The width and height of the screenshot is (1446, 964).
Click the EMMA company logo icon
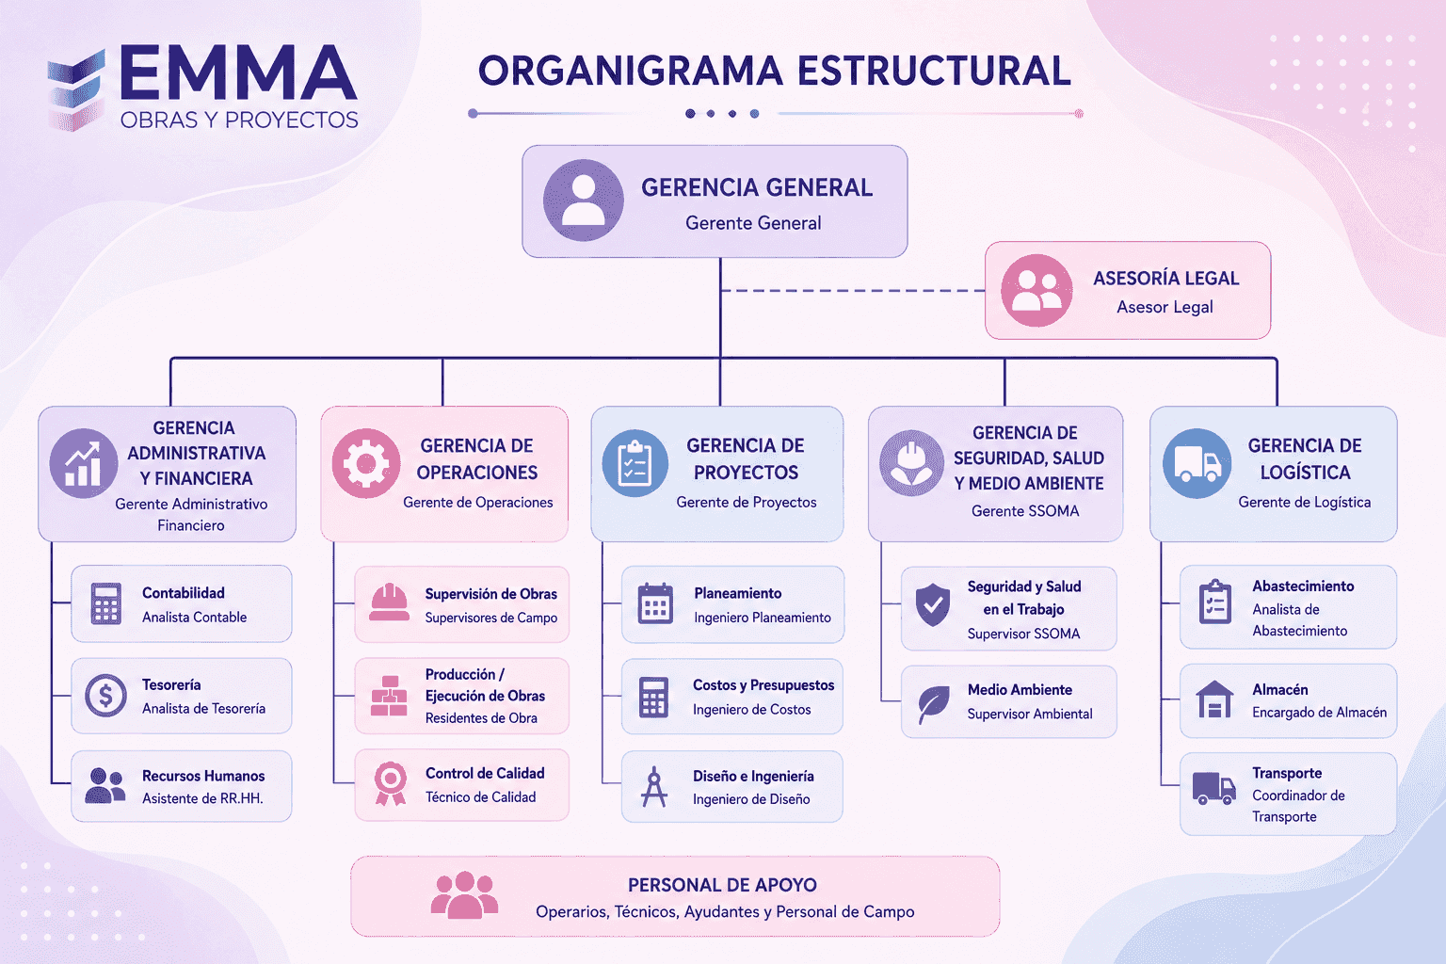[76, 90]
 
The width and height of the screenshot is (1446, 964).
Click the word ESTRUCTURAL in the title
[934, 71]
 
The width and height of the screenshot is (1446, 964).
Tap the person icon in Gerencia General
[584, 201]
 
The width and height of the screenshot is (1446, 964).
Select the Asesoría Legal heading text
[1165, 279]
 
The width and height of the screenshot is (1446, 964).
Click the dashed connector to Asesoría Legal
[853, 291]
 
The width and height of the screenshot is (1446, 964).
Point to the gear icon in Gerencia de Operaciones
[366, 463]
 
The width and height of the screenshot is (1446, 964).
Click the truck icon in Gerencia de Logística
[1197, 463]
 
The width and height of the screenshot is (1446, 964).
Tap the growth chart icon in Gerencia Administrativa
[83, 463]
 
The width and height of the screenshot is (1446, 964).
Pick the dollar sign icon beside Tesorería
[105, 696]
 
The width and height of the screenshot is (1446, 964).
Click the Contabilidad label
[184, 593]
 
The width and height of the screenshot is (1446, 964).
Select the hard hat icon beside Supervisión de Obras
[389, 602]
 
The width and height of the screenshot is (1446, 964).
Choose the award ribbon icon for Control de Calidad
[391, 783]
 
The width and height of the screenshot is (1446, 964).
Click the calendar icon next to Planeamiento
[655, 603]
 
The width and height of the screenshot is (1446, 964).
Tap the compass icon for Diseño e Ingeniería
[654, 786]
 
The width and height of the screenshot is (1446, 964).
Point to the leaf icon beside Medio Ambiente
[934, 704]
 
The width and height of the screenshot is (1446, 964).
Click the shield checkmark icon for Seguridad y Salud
[933, 605]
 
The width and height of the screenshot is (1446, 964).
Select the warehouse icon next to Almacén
[1214, 699]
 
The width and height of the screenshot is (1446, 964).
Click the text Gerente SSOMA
[1025, 511]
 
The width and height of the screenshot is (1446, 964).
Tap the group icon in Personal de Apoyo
[464, 895]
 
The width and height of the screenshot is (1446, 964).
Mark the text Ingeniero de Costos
[751, 709]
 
